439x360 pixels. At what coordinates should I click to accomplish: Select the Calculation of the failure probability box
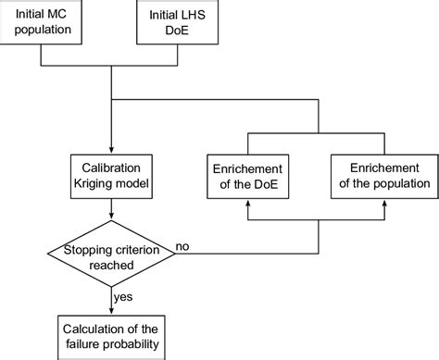(x=110, y=335)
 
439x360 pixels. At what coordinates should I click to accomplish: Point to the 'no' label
(x=184, y=245)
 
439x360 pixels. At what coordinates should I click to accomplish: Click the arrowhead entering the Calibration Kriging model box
(x=110, y=150)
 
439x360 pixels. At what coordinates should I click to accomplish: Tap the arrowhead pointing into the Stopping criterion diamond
(x=110, y=217)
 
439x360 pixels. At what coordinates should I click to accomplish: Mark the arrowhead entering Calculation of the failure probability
(x=110, y=310)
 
